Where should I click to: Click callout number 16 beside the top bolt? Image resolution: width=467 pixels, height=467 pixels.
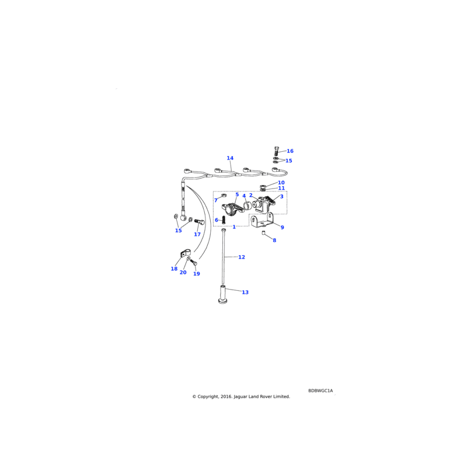point(290,151)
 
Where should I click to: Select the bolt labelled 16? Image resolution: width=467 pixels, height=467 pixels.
point(277,151)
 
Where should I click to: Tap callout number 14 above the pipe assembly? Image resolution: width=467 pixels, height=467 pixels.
point(230,158)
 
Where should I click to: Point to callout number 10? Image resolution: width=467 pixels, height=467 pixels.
point(281,183)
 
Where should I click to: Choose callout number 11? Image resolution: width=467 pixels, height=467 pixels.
point(281,188)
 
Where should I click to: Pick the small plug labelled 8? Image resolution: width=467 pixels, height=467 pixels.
point(264,232)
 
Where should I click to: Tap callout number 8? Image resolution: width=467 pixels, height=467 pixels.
point(274,241)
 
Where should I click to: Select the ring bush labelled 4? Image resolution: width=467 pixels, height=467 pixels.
point(246,205)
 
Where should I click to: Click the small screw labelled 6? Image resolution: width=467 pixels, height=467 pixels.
point(224,219)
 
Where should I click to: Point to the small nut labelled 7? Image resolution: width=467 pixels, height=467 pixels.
point(224,196)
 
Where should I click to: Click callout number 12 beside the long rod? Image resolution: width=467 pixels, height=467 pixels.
point(242,257)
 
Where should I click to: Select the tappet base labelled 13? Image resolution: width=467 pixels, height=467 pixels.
point(222,295)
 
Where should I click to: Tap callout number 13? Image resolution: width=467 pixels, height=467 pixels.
point(245,292)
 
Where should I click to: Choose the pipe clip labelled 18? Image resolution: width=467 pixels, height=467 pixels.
point(184,254)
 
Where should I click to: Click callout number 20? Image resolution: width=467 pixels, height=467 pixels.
point(183,273)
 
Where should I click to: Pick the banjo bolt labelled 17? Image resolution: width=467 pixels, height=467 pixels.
point(199,222)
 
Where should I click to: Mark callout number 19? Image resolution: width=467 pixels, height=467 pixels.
point(197,274)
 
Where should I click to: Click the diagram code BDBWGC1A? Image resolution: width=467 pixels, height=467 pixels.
point(320,391)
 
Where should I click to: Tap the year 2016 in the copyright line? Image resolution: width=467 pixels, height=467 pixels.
point(226,397)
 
